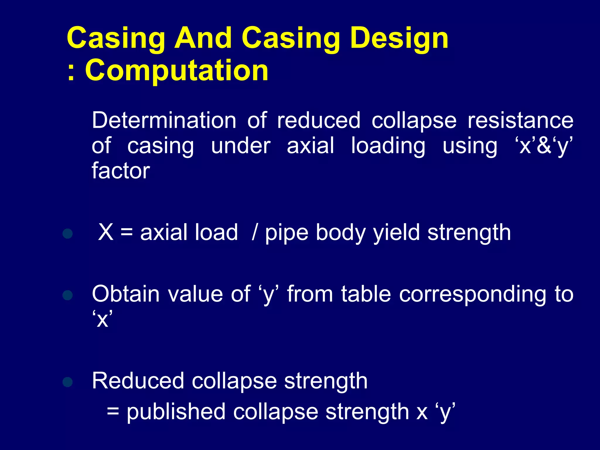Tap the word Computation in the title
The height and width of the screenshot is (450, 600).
[x=177, y=70]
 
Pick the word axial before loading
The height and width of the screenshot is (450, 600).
[x=310, y=146]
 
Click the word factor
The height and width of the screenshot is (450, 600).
[x=121, y=171]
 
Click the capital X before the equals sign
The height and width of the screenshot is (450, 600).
[x=106, y=232]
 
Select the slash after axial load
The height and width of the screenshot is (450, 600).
[x=254, y=233]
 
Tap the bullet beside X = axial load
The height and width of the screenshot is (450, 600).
[x=68, y=233]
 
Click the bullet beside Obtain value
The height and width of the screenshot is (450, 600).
[x=68, y=295]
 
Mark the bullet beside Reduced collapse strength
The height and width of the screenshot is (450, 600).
[x=68, y=382]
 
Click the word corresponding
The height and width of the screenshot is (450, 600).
[x=473, y=294]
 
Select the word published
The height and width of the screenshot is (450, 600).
[x=176, y=412]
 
